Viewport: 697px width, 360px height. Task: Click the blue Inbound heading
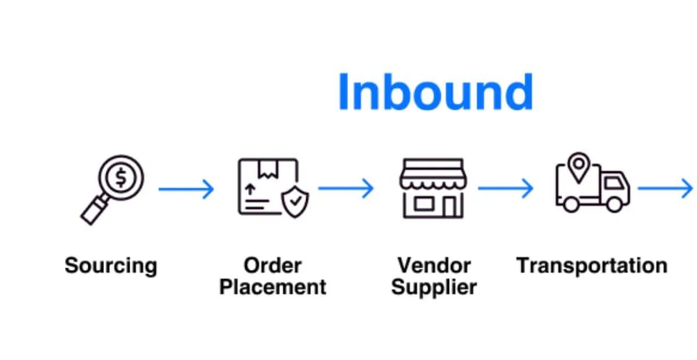pyautogui.click(x=435, y=92)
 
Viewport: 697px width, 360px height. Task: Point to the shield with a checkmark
pyautogui.click(x=295, y=201)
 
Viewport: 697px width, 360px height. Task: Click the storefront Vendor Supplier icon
pyautogui.click(x=433, y=188)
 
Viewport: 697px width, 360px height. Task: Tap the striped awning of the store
pyautogui.click(x=433, y=177)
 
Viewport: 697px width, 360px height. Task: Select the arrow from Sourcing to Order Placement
pyautogui.click(x=186, y=189)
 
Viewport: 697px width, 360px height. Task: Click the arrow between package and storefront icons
pyautogui.click(x=346, y=188)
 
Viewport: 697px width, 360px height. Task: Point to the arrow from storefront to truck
pyautogui.click(x=505, y=188)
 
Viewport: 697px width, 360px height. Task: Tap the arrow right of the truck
pyautogui.click(x=665, y=188)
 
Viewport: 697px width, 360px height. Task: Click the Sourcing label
pyautogui.click(x=111, y=266)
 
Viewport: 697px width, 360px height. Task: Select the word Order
pyautogui.click(x=272, y=266)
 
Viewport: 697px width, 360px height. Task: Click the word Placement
pyautogui.click(x=272, y=287)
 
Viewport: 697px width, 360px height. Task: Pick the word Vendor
pyautogui.click(x=434, y=266)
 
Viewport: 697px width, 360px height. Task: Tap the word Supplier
pyautogui.click(x=434, y=287)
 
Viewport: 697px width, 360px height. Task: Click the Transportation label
pyautogui.click(x=592, y=266)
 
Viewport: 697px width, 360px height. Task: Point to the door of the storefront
pyautogui.click(x=449, y=206)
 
